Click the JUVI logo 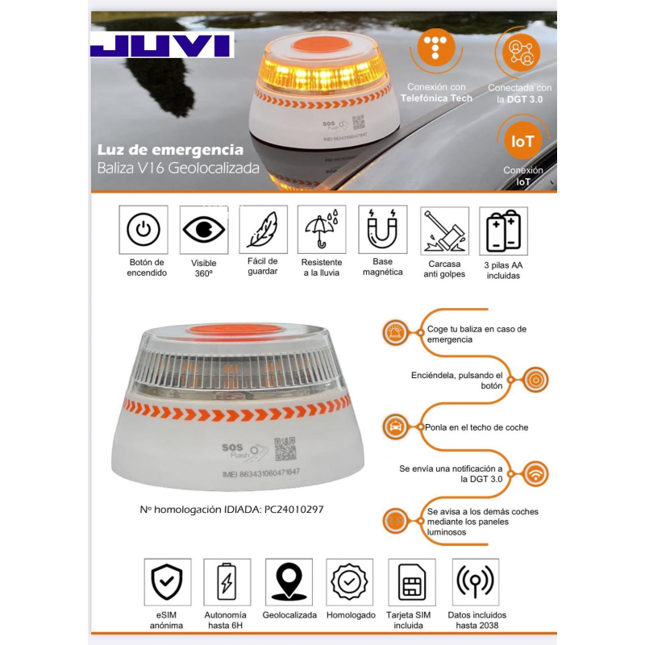tap(162, 45)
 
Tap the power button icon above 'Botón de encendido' tap(144, 230)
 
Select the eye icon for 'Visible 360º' tap(204, 230)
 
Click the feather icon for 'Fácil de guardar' tap(264, 229)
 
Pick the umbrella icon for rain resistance tap(321, 229)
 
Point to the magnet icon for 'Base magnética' tap(382, 229)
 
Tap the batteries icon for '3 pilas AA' tap(503, 231)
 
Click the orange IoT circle tap(522, 140)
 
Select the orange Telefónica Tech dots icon tap(436, 47)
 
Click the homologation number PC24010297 tap(293, 510)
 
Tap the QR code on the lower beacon tap(285, 449)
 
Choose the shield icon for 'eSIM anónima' tap(167, 581)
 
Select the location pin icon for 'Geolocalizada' tap(289, 581)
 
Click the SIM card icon tap(411, 581)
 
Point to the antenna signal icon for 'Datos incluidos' tap(475, 581)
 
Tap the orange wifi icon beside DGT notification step tap(535, 474)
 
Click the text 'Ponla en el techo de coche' tap(476, 427)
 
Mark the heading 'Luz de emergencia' tap(170, 150)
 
